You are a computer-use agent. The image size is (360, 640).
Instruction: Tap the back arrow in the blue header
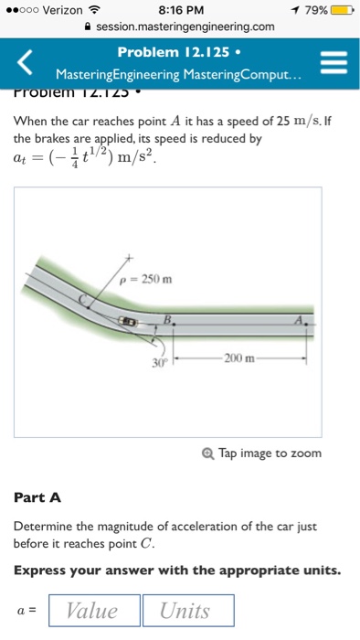point(26,62)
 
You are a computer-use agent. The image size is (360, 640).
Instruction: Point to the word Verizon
point(62,10)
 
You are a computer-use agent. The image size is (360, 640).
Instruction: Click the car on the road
point(130,323)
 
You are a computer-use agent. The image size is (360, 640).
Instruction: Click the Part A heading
point(37,497)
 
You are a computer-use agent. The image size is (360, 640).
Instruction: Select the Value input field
point(92,611)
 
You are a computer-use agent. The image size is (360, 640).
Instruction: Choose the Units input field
point(187,611)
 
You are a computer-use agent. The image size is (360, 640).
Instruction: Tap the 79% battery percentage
point(312,10)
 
